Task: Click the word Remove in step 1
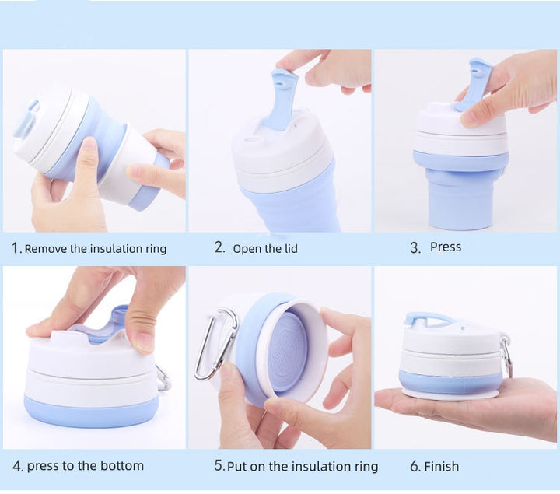click(46, 249)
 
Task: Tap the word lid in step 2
click(291, 248)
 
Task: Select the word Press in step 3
click(446, 247)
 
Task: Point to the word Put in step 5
click(237, 467)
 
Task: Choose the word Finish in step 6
click(441, 466)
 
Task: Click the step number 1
click(15, 248)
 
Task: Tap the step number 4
click(16, 466)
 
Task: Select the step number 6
click(415, 466)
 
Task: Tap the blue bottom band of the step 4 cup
click(92, 411)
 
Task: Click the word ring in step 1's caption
click(156, 249)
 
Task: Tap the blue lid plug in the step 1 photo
click(26, 118)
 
